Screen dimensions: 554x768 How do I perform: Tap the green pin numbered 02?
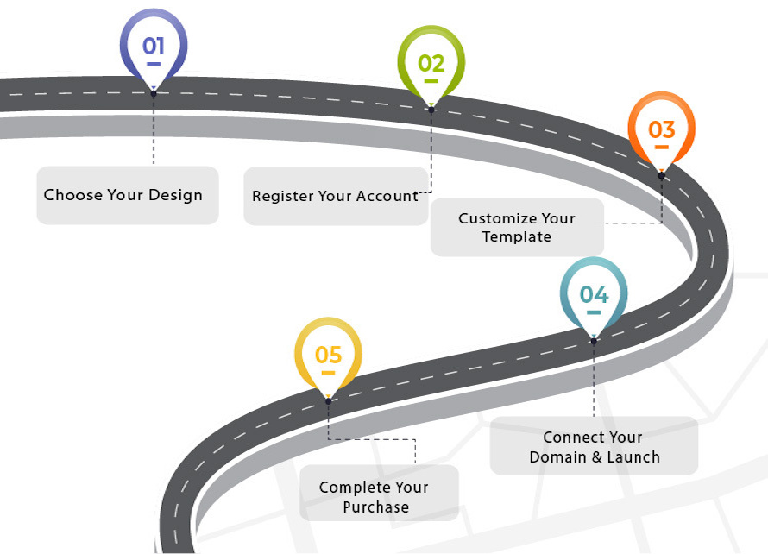pyautogui.click(x=431, y=62)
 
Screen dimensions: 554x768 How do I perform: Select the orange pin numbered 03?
pyautogui.click(x=661, y=129)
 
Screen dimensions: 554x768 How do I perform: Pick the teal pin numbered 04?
pyautogui.click(x=594, y=294)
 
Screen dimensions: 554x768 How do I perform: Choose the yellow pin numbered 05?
pyautogui.click(x=328, y=355)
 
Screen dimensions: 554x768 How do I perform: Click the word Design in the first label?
pyautogui.click(x=175, y=195)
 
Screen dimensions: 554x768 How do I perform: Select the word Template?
pyautogui.click(x=516, y=236)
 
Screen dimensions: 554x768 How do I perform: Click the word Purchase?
pyautogui.click(x=375, y=507)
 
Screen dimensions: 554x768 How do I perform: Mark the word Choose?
pyautogui.click(x=72, y=195)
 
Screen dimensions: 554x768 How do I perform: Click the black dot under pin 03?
pyautogui.click(x=661, y=175)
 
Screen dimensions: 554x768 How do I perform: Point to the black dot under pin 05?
pyautogui.click(x=328, y=401)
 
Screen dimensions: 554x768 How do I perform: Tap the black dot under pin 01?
pyautogui.click(x=153, y=93)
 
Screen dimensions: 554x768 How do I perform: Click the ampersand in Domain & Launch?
pyautogui.click(x=595, y=457)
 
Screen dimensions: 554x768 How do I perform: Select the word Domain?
pyautogui.click(x=558, y=457)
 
